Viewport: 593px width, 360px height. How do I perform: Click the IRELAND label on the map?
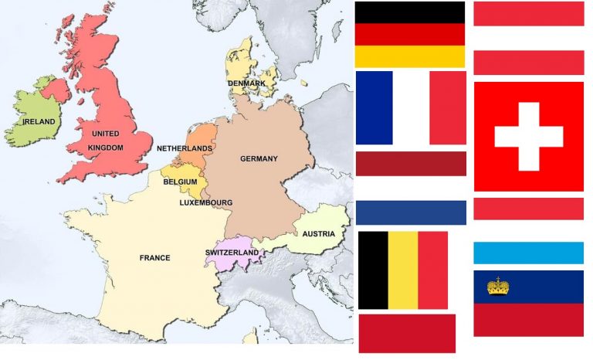pos(39,122)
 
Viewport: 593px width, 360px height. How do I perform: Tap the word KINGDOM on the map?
pos(105,147)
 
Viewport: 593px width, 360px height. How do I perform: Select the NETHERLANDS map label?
pos(185,148)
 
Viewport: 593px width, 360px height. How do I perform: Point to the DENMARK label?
pos(246,83)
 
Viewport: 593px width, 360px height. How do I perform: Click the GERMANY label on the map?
pos(259,159)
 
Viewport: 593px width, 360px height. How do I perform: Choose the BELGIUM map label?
pos(180,182)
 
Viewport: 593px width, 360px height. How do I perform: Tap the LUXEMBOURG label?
pos(205,203)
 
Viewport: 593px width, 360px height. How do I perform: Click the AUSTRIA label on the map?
pos(318,233)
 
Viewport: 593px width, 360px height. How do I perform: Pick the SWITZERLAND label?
pos(232,253)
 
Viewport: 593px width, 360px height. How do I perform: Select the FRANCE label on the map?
pos(154,258)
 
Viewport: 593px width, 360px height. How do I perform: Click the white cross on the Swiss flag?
pos(528,136)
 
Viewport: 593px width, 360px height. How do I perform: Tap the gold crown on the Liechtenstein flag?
pos(498,287)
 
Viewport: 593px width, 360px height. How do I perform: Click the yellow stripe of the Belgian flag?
pos(402,270)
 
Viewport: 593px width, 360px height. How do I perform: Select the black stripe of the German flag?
pos(409,12)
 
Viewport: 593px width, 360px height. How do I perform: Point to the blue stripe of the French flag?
pos(374,108)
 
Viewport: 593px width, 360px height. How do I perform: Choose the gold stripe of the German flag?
pos(409,56)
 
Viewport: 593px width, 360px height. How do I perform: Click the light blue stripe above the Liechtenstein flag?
pos(528,253)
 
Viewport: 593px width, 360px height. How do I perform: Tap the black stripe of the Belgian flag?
pos(373,270)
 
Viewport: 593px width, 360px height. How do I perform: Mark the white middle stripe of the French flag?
pos(411,108)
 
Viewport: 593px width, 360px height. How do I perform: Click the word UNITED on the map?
pos(105,134)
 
